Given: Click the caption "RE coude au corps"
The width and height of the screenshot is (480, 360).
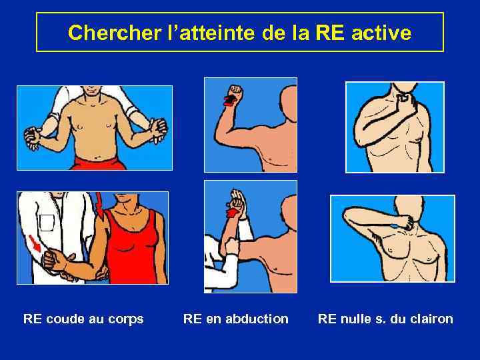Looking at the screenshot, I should point(83,319).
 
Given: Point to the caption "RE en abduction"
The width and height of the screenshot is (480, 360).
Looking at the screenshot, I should point(235,319).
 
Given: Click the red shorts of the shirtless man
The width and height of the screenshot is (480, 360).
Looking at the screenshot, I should point(97,163).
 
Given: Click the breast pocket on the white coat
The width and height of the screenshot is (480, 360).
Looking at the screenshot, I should point(46,223).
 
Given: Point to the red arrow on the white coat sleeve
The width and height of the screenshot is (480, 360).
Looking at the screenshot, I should point(33,243).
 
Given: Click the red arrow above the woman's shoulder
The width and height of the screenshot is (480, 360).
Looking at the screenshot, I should point(100,204).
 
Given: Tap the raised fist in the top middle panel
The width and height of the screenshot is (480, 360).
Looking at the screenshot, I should point(236,94).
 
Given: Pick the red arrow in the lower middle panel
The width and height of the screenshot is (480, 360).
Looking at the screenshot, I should point(232,213).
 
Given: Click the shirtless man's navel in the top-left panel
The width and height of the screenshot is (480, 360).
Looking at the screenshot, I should point(99,153).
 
